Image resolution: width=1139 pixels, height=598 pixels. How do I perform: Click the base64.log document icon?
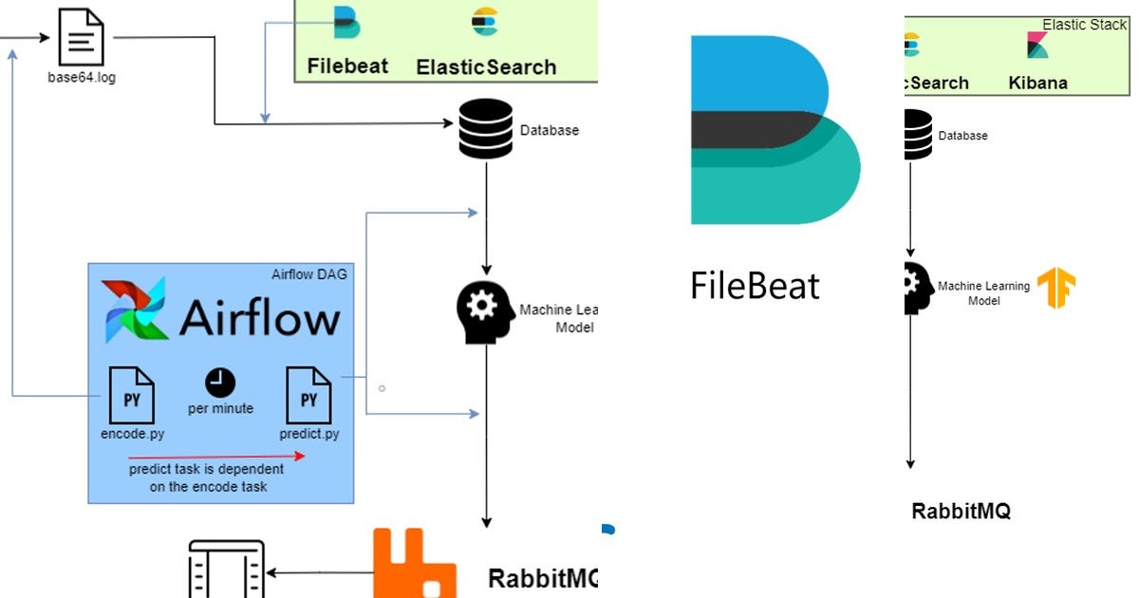click(x=81, y=38)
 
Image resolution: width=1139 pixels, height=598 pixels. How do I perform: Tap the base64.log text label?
click(x=82, y=78)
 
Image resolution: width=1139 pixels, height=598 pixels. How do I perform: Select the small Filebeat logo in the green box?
click(x=347, y=21)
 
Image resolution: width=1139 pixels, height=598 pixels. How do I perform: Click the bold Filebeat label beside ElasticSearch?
click(x=347, y=66)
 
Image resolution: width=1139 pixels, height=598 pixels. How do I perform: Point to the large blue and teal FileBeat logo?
click(x=774, y=130)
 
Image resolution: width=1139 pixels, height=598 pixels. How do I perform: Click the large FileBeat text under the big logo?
click(x=755, y=285)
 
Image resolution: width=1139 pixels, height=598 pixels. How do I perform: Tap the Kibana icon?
click(x=1037, y=45)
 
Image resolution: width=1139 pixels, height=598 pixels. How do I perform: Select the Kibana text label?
click(x=1037, y=83)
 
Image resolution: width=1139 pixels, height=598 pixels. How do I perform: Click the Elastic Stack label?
click(x=1084, y=25)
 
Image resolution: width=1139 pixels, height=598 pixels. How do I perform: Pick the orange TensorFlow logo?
click(x=1055, y=288)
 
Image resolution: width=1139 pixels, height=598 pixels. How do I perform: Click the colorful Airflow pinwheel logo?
click(x=135, y=310)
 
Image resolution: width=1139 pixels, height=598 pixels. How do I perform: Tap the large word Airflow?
click(x=259, y=318)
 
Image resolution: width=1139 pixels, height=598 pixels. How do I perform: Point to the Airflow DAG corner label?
click(x=309, y=274)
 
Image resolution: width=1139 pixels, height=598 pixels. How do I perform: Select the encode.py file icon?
click(x=132, y=395)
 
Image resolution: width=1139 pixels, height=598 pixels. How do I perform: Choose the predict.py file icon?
click(x=308, y=395)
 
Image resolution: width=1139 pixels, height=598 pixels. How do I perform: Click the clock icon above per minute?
click(x=220, y=383)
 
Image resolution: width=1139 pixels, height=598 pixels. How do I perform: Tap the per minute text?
click(x=220, y=408)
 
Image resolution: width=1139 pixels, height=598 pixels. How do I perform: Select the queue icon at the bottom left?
click(x=226, y=570)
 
